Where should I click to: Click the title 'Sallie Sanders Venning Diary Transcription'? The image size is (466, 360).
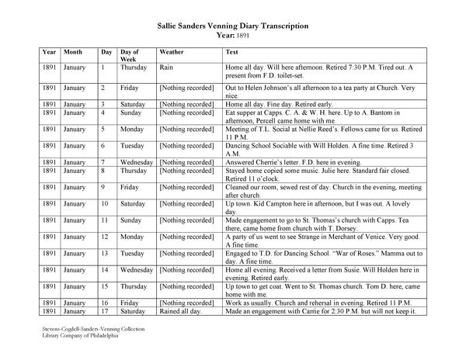pos(232,26)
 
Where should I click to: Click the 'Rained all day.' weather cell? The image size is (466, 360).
pos(180,311)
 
